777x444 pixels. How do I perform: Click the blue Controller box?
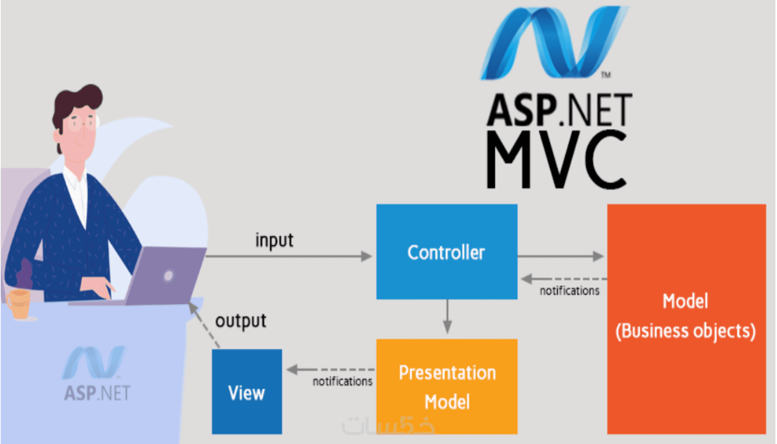coord(447,252)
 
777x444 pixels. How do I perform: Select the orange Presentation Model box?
coord(447,386)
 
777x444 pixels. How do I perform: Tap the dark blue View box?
coord(247,391)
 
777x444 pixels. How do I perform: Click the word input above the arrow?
coord(274,240)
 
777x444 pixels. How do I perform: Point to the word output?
coord(241,321)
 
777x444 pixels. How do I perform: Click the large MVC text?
coord(557,160)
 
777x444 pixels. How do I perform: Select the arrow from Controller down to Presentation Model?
coord(447,316)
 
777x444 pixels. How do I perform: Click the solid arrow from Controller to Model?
coord(561,256)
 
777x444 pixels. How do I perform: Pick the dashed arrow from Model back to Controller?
coord(564,279)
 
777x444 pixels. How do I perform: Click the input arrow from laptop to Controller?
coord(289,256)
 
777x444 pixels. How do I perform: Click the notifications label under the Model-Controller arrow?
coord(569,291)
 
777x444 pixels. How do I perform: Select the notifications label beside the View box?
coord(342,381)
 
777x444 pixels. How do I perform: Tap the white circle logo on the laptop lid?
coord(169,276)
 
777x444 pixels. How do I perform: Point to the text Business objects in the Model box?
coord(686,331)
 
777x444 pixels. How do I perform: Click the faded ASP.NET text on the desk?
coord(97,393)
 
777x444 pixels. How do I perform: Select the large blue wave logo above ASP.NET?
coord(555,43)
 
